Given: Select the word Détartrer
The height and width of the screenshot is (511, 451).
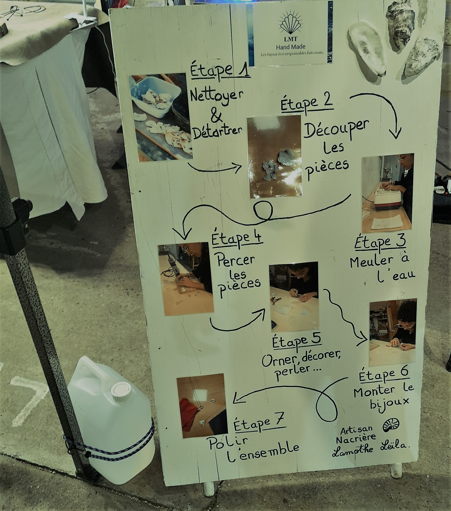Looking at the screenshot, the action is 217,131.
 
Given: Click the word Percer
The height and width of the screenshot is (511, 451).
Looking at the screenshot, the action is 236,260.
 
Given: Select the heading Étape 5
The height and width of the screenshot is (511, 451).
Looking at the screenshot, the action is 297,340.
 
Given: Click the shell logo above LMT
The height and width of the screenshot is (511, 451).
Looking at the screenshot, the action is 290,24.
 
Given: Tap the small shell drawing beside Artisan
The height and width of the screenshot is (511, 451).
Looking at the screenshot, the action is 391,425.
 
